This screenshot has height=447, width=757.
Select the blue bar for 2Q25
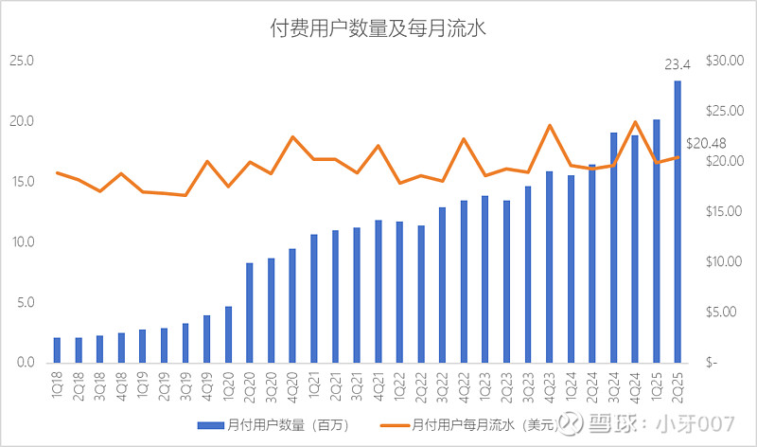coord(678,222)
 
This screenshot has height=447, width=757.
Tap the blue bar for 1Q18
coord(57,349)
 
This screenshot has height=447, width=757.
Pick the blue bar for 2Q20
coord(250,313)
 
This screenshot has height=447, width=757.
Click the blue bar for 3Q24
coord(613,247)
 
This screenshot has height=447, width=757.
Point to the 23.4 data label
coord(678,65)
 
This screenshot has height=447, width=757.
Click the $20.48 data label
coord(707,143)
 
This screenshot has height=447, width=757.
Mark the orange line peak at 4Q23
coord(550,125)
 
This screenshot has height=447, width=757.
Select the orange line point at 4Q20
coord(292,137)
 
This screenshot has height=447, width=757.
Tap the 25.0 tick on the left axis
coord(21,61)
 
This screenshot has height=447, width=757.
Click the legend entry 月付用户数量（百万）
coord(274,425)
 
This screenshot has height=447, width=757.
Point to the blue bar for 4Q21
coord(378,292)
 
